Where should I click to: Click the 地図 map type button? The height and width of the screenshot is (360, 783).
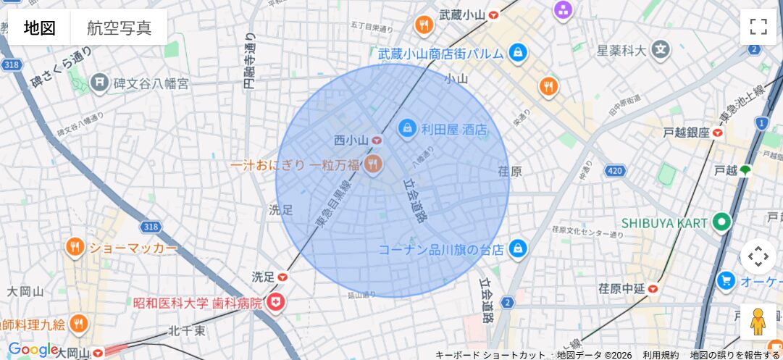pyautogui.click(x=40, y=28)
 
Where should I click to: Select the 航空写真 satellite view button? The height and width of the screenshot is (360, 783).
pyautogui.click(x=119, y=28)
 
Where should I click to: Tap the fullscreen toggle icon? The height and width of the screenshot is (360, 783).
pyautogui.click(x=758, y=27)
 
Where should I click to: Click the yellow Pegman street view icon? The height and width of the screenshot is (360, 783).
pyautogui.click(x=758, y=322)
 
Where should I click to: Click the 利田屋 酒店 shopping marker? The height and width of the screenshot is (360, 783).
pyautogui.click(x=407, y=129)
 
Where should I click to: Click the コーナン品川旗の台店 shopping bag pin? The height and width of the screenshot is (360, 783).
pyautogui.click(x=517, y=248)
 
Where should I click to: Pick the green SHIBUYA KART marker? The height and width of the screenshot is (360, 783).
pyautogui.click(x=721, y=222)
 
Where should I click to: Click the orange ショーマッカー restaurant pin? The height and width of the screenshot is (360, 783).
pyautogui.click(x=75, y=248)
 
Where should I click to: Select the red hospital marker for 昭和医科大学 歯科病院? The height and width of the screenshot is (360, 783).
pyautogui.click(x=275, y=304)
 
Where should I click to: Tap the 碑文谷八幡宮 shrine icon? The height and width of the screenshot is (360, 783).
pyautogui.click(x=99, y=83)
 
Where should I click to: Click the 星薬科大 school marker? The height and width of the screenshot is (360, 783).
pyautogui.click(x=660, y=49)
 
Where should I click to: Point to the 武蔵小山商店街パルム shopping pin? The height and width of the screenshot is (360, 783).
pyautogui.click(x=517, y=53)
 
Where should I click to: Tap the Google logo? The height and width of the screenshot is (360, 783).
pyautogui.click(x=33, y=350)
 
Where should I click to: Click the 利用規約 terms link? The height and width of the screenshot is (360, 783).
pyautogui.click(x=661, y=355)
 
